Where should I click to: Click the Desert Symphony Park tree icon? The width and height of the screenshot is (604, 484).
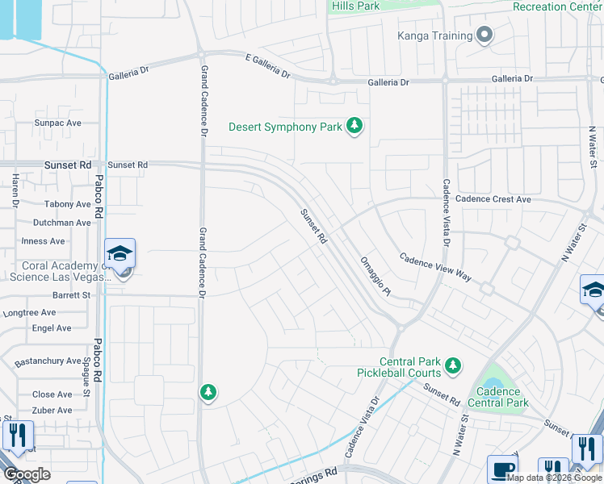click(354, 126)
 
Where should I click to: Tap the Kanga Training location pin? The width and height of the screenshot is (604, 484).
click(484, 35)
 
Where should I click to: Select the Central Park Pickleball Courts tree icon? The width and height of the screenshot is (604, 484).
click(452, 366)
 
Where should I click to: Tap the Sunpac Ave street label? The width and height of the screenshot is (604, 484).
click(57, 123)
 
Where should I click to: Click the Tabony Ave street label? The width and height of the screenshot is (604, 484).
click(68, 205)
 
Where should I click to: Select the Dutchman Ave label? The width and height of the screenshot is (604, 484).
click(61, 223)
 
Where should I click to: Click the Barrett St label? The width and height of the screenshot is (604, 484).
click(71, 296)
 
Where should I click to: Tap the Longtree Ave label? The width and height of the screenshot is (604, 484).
click(30, 313)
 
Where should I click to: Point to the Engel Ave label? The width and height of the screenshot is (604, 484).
click(52, 328)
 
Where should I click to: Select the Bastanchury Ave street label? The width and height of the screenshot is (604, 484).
click(48, 361)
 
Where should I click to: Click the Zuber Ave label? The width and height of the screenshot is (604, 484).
click(52, 411)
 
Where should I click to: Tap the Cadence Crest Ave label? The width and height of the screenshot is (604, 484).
click(493, 199)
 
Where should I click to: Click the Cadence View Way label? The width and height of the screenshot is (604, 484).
click(435, 266)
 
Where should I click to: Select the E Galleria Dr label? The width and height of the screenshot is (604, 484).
click(267, 65)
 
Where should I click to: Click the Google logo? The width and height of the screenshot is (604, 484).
click(27, 474)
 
